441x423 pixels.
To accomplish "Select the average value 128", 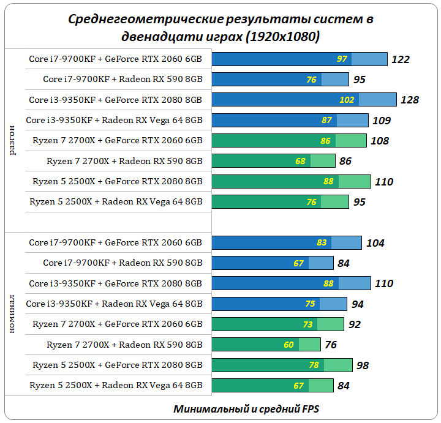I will click(x=409, y=100).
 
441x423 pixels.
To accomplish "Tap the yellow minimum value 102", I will click(x=347, y=100).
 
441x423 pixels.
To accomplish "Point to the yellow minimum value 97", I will click(x=342, y=59).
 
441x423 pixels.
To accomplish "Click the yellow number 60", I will click(x=288, y=345).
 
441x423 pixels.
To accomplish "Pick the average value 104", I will click(x=375, y=243).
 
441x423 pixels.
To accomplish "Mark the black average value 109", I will click(x=381, y=121).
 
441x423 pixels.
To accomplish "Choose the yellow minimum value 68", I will click(x=300, y=162).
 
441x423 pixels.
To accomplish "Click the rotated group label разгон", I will click(x=13, y=140).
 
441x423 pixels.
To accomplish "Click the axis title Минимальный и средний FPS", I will click(x=246, y=408).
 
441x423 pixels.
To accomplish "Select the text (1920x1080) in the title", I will click(x=282, y=37).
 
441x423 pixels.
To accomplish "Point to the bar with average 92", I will click(x=277, y=324).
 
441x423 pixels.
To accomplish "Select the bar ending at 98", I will click(x=282, y=365).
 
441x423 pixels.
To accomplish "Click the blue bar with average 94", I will click(x=279, y=304).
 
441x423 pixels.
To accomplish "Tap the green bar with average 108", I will click(x=288, y=141).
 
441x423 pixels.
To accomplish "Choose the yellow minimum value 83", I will click(x=322, y=243).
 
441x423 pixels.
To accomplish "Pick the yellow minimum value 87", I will click(x=326, y=121).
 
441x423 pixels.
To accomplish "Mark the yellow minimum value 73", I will click(x=307, y=324).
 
